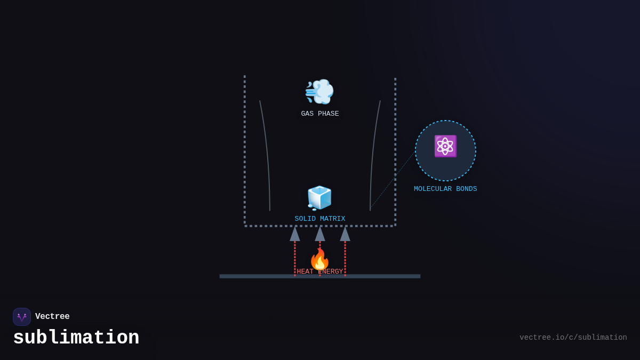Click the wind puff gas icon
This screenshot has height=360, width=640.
tap(319, 92)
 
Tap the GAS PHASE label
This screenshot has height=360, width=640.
tap(320, 114)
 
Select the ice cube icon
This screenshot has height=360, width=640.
tap(319, 198)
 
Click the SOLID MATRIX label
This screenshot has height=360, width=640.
tap(320, 219)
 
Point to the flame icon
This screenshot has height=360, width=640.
tap(319, 259)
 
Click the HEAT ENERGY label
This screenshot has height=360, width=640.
tap(320, 271)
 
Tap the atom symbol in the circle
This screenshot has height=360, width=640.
tap(445, 146)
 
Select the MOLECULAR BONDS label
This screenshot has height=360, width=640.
tap(445, 189)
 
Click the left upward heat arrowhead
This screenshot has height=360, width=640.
tap(295, 234)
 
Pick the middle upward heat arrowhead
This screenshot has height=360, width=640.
tap(320, 234)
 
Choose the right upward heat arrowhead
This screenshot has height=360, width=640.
tap(345, 234)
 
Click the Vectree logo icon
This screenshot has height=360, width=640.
tap(22, 317)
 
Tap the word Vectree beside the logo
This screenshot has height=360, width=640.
tap(52, 316)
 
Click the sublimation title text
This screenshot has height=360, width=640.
tap(76, 338)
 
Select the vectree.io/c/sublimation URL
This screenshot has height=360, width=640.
tap(573, 338)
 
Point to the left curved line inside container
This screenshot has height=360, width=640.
tap(267, 155)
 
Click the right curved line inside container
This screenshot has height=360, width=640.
tap(373, 155)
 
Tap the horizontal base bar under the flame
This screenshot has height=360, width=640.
tap(256, 276)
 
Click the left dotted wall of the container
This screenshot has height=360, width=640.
tap(245, 149)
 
